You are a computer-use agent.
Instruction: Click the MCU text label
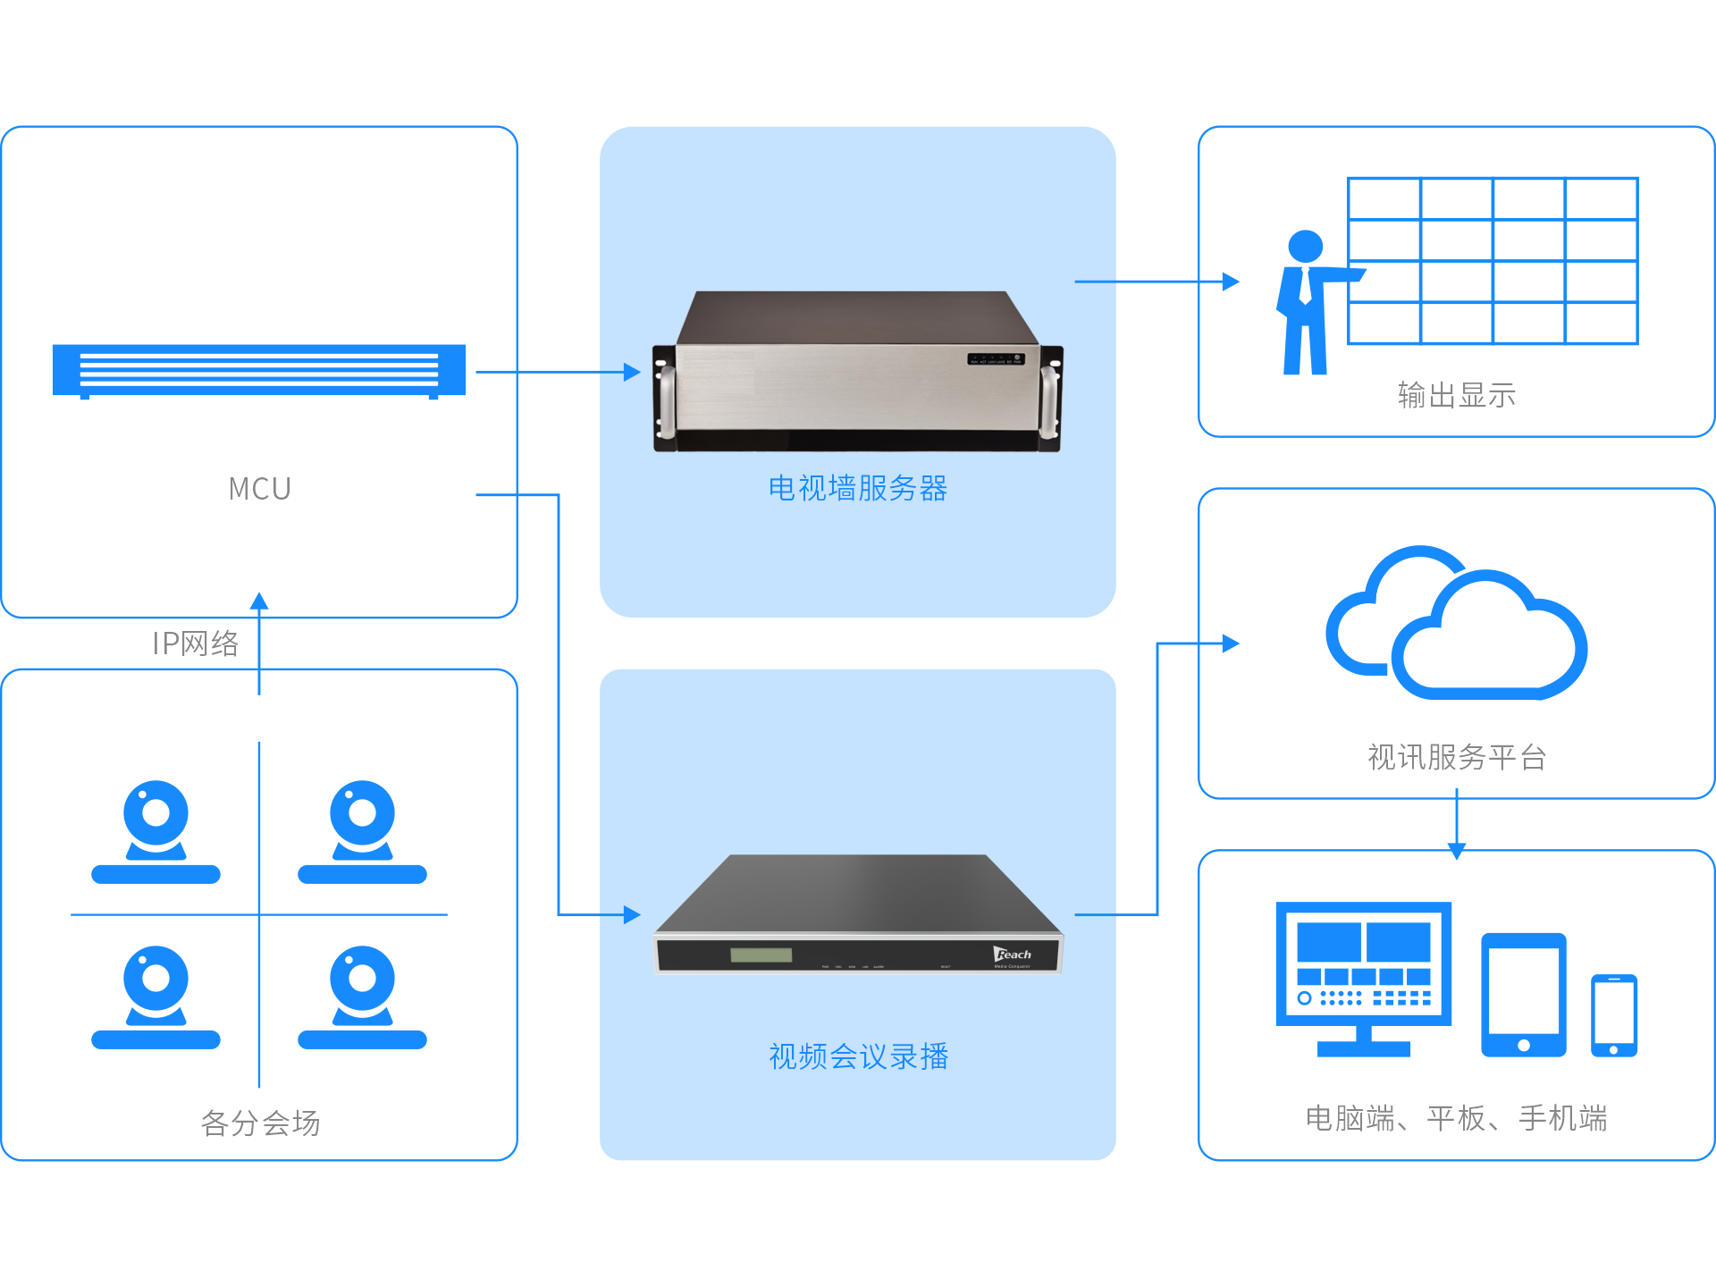259,489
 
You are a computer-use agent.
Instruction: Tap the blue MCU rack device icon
259,370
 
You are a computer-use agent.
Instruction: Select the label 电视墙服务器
857,488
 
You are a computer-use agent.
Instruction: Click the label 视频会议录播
858,1056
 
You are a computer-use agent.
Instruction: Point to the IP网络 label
196,643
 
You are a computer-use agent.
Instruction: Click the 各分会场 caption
260,1123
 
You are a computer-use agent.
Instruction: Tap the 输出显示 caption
1456,395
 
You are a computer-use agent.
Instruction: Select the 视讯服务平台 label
1456,757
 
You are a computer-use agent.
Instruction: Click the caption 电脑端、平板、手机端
1456,1118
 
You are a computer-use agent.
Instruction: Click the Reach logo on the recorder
1013,955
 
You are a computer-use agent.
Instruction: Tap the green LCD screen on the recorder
761,955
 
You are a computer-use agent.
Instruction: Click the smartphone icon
1613,1015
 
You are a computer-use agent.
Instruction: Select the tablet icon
1523,995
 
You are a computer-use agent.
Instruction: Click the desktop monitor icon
1363,977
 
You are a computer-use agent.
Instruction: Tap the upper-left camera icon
156,831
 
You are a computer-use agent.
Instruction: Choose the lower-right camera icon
362,997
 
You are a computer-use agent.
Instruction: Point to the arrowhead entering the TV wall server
633,372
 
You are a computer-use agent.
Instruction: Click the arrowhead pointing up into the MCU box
259,601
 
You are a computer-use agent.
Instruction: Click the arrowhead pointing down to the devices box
1457,852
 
